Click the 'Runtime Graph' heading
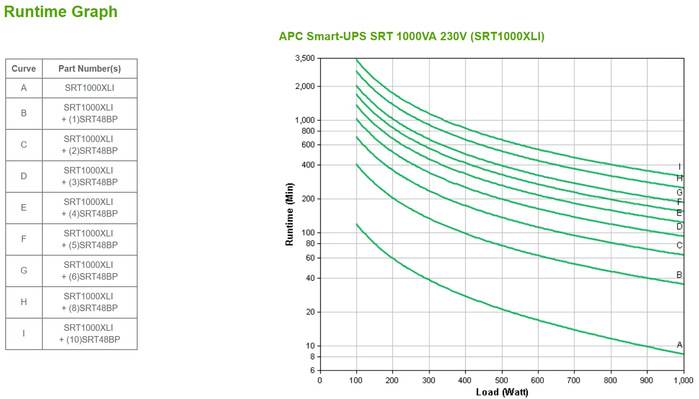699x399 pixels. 61,12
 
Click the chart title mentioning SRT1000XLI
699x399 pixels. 412,36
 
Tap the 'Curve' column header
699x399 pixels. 24,69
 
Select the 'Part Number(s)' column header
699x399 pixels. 90,69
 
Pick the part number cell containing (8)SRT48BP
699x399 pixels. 90,302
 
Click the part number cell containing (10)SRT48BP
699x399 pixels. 90,333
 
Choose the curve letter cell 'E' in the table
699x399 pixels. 24,208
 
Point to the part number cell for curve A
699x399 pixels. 90,88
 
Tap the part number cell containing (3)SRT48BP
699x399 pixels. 90,176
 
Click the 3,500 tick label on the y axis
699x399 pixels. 305,58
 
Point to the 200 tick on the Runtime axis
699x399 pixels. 308,198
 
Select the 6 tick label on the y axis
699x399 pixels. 312,370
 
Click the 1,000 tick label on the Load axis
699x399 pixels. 683,380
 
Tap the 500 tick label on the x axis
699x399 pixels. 502,380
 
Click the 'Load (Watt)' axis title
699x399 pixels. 502,392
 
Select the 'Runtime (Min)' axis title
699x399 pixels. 289,214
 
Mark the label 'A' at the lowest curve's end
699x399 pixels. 679,345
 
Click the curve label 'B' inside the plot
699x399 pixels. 679,275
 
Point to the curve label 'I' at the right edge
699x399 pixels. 679,167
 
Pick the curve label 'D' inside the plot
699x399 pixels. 679,226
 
